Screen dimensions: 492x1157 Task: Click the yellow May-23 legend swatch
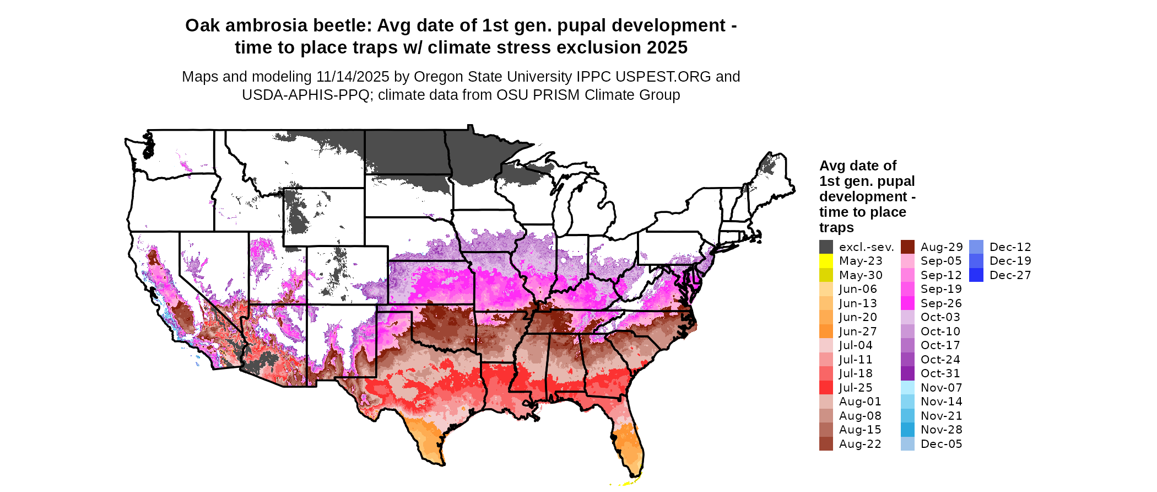[x=826, y=261]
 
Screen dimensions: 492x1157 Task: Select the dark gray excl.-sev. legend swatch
[x=826, y=247]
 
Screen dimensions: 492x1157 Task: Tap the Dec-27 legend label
[x=1010, y=275]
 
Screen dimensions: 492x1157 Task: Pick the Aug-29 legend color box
[x=907, y=247]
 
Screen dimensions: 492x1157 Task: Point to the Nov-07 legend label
[x=941, y=388]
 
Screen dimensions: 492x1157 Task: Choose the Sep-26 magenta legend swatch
[x=907, y=303]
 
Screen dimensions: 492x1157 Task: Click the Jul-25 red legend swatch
[x=826, y=388]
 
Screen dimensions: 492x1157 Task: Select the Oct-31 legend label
[x=940, y=373]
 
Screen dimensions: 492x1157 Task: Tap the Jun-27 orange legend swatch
[x=826, y=331]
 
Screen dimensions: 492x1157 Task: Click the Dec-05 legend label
[x=941, y=444]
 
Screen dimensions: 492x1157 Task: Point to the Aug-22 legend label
[x=859, y=444]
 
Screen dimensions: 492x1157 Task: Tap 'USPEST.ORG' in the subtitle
[x=663, y=77]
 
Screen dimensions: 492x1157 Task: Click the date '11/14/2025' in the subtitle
[x=353, y=77]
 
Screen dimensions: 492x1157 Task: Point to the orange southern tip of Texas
[x=427, y=441]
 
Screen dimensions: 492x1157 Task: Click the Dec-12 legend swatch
[x=976, y=247]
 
